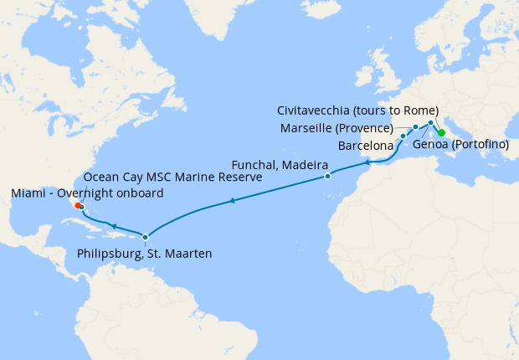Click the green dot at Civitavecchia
click(441, 132)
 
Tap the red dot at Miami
click(77, 204)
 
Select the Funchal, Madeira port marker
click(327, 177)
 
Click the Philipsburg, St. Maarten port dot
click(146, 237)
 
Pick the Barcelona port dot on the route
click(403, 136)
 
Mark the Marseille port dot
click(416, 128)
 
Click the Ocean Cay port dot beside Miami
click(82, 207)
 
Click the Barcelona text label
click(366, 146)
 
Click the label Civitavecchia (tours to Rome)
click(357, 111)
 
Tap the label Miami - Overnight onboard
click(87, 194)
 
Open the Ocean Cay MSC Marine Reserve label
click(174, 178)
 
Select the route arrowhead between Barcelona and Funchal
click(367, 162)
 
